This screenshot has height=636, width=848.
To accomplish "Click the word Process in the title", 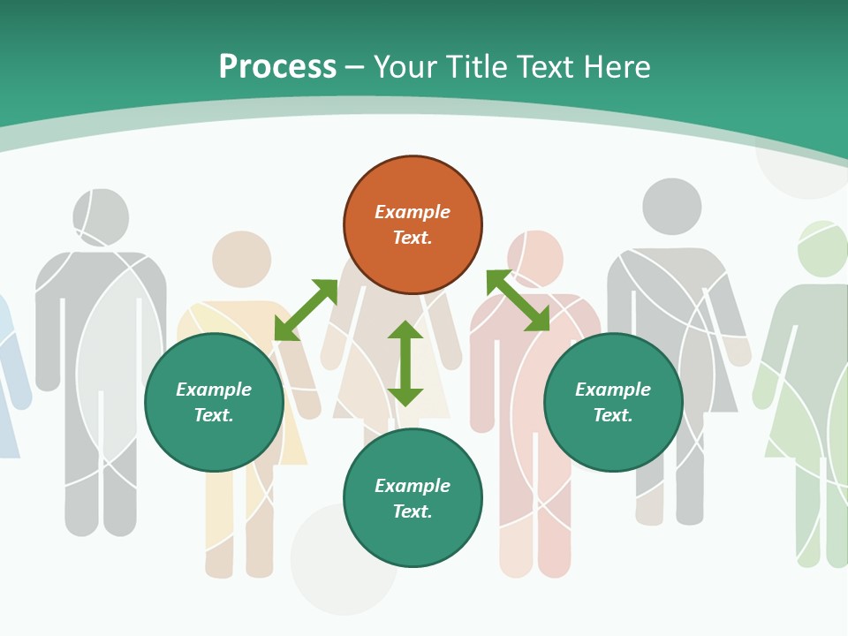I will point(277,67).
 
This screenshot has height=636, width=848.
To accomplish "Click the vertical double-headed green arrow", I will point(405,363).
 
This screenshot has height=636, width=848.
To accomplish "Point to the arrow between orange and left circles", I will point(306,310).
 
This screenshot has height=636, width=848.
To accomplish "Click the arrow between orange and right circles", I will point(518,300).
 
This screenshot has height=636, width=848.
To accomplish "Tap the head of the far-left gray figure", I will point(101,217).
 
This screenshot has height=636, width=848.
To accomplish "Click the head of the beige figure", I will point(241,259).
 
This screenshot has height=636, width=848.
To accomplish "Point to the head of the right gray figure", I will point(671,207).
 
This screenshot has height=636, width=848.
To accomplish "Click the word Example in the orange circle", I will point(413,212).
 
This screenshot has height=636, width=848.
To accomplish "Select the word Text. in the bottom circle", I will point(413,511).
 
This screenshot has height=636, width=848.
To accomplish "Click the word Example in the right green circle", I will point(613,390).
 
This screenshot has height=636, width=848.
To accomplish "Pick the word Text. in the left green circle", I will point(214,415).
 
